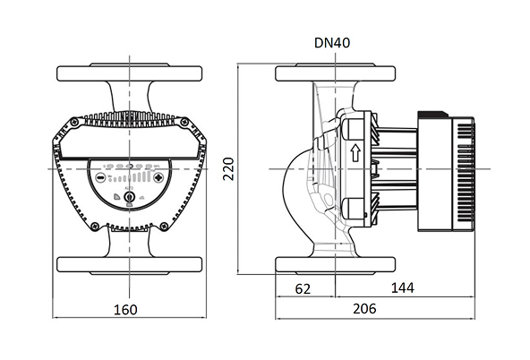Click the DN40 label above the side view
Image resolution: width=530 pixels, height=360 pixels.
[x=332, y=43]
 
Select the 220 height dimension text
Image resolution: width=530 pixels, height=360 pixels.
[x=229, y=169]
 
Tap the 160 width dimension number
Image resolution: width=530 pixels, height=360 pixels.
[x=125, y=310]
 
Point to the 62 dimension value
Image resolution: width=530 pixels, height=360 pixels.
[x=303, y=289]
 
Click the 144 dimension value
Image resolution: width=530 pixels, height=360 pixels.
[x=403, y=288]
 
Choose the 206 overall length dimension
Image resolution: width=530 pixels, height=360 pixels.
[x=364, y=309]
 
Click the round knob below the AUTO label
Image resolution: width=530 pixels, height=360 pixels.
[x=129, y=197]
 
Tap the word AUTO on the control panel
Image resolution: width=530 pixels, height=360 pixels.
[x=129, y=188]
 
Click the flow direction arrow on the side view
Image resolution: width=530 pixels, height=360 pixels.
[x=355, y=152]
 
